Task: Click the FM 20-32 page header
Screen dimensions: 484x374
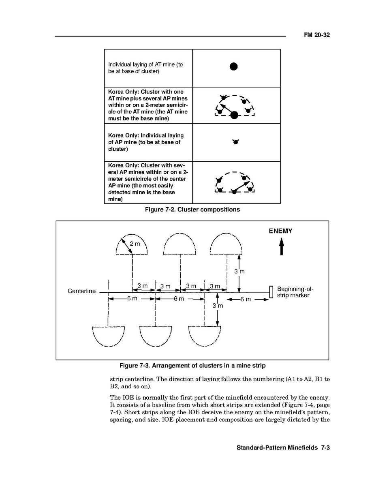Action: click(317, 35)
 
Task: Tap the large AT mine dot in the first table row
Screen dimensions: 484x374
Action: click(233, 67)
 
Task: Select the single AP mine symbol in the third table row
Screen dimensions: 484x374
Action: click(235, 142)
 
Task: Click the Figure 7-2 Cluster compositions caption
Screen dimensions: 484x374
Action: click(192, 210)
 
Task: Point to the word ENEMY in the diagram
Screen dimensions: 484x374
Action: click(280, 231)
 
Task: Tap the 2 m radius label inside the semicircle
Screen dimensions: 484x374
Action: click(135, 244)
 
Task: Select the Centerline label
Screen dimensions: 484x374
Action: click(82, 291)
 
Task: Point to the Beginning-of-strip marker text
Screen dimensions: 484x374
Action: click(295, 292)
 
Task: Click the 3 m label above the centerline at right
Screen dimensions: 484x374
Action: click(239, 272)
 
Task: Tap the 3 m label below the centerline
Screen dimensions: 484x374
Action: click(218, 306)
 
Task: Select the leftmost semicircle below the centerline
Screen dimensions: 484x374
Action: click(108, 336)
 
